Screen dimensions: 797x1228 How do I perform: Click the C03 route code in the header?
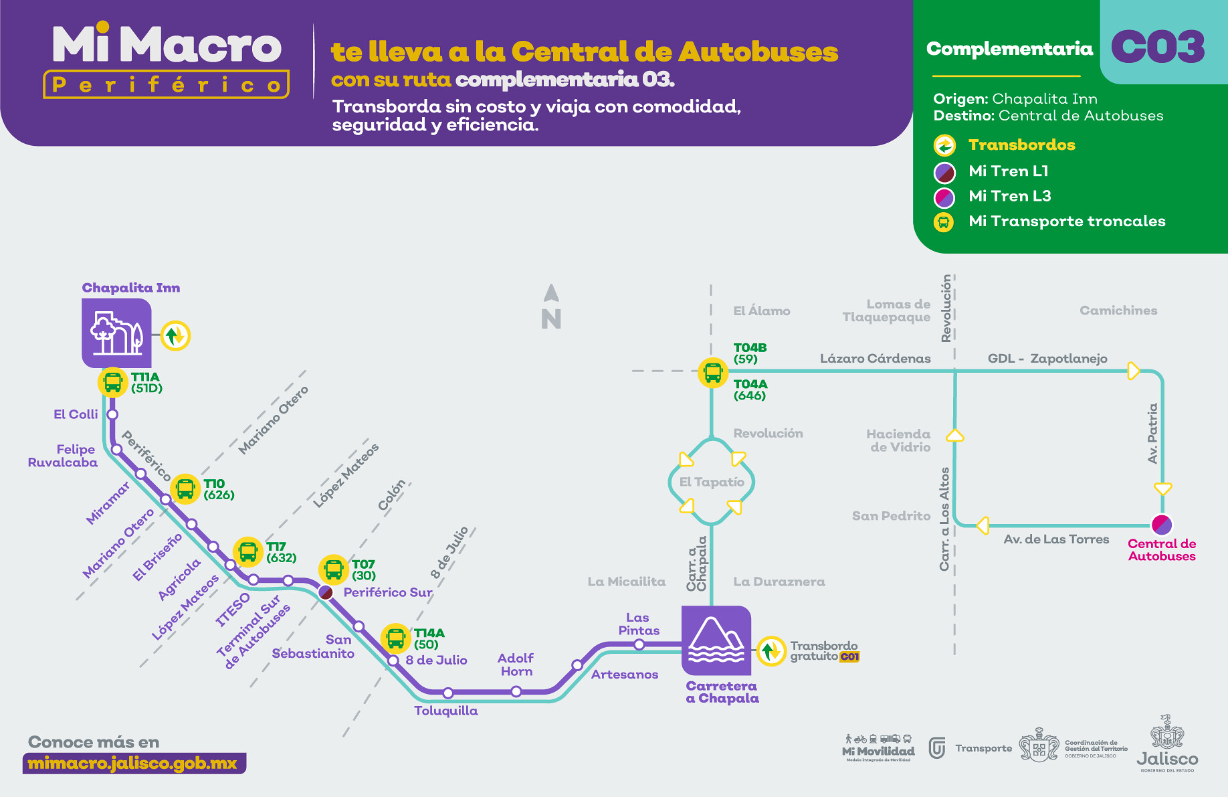click(x=1158, y=47)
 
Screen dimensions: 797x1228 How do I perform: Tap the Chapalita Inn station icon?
click(x=117, y=333)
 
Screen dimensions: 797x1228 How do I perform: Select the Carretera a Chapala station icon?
click(x=716, y=640)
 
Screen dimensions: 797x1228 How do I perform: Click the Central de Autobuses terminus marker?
click(x=1162, y=524)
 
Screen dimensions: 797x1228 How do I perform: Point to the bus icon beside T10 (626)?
click(x=185, y=489)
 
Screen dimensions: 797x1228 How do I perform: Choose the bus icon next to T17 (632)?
click(x=248, y=552)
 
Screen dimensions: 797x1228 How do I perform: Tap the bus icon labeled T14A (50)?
click(x=395, y=638)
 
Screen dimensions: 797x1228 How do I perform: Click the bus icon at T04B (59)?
click(x=712, y=372)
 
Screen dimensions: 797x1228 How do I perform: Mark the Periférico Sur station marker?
click(x=326, y=592)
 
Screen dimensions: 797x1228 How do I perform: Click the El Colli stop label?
click(x=76, y=414)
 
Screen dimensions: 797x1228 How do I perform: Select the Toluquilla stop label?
click(x=445, y=711)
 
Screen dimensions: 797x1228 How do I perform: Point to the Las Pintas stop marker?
click(x=639, y=644)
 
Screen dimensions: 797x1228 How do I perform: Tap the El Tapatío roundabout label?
click(x=712, y=482)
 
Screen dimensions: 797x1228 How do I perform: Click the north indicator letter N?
click(x=551, y=319)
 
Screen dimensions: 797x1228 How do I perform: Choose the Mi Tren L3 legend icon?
click(x=944, y=197)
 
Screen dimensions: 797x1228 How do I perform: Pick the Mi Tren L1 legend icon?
click(x=944, y=172)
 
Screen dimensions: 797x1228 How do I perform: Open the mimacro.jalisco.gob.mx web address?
click(x=133, y=764)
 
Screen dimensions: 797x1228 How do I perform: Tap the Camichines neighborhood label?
click(x=1118, y=311)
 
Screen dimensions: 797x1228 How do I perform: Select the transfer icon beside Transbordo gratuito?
click(x=771, y=650)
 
